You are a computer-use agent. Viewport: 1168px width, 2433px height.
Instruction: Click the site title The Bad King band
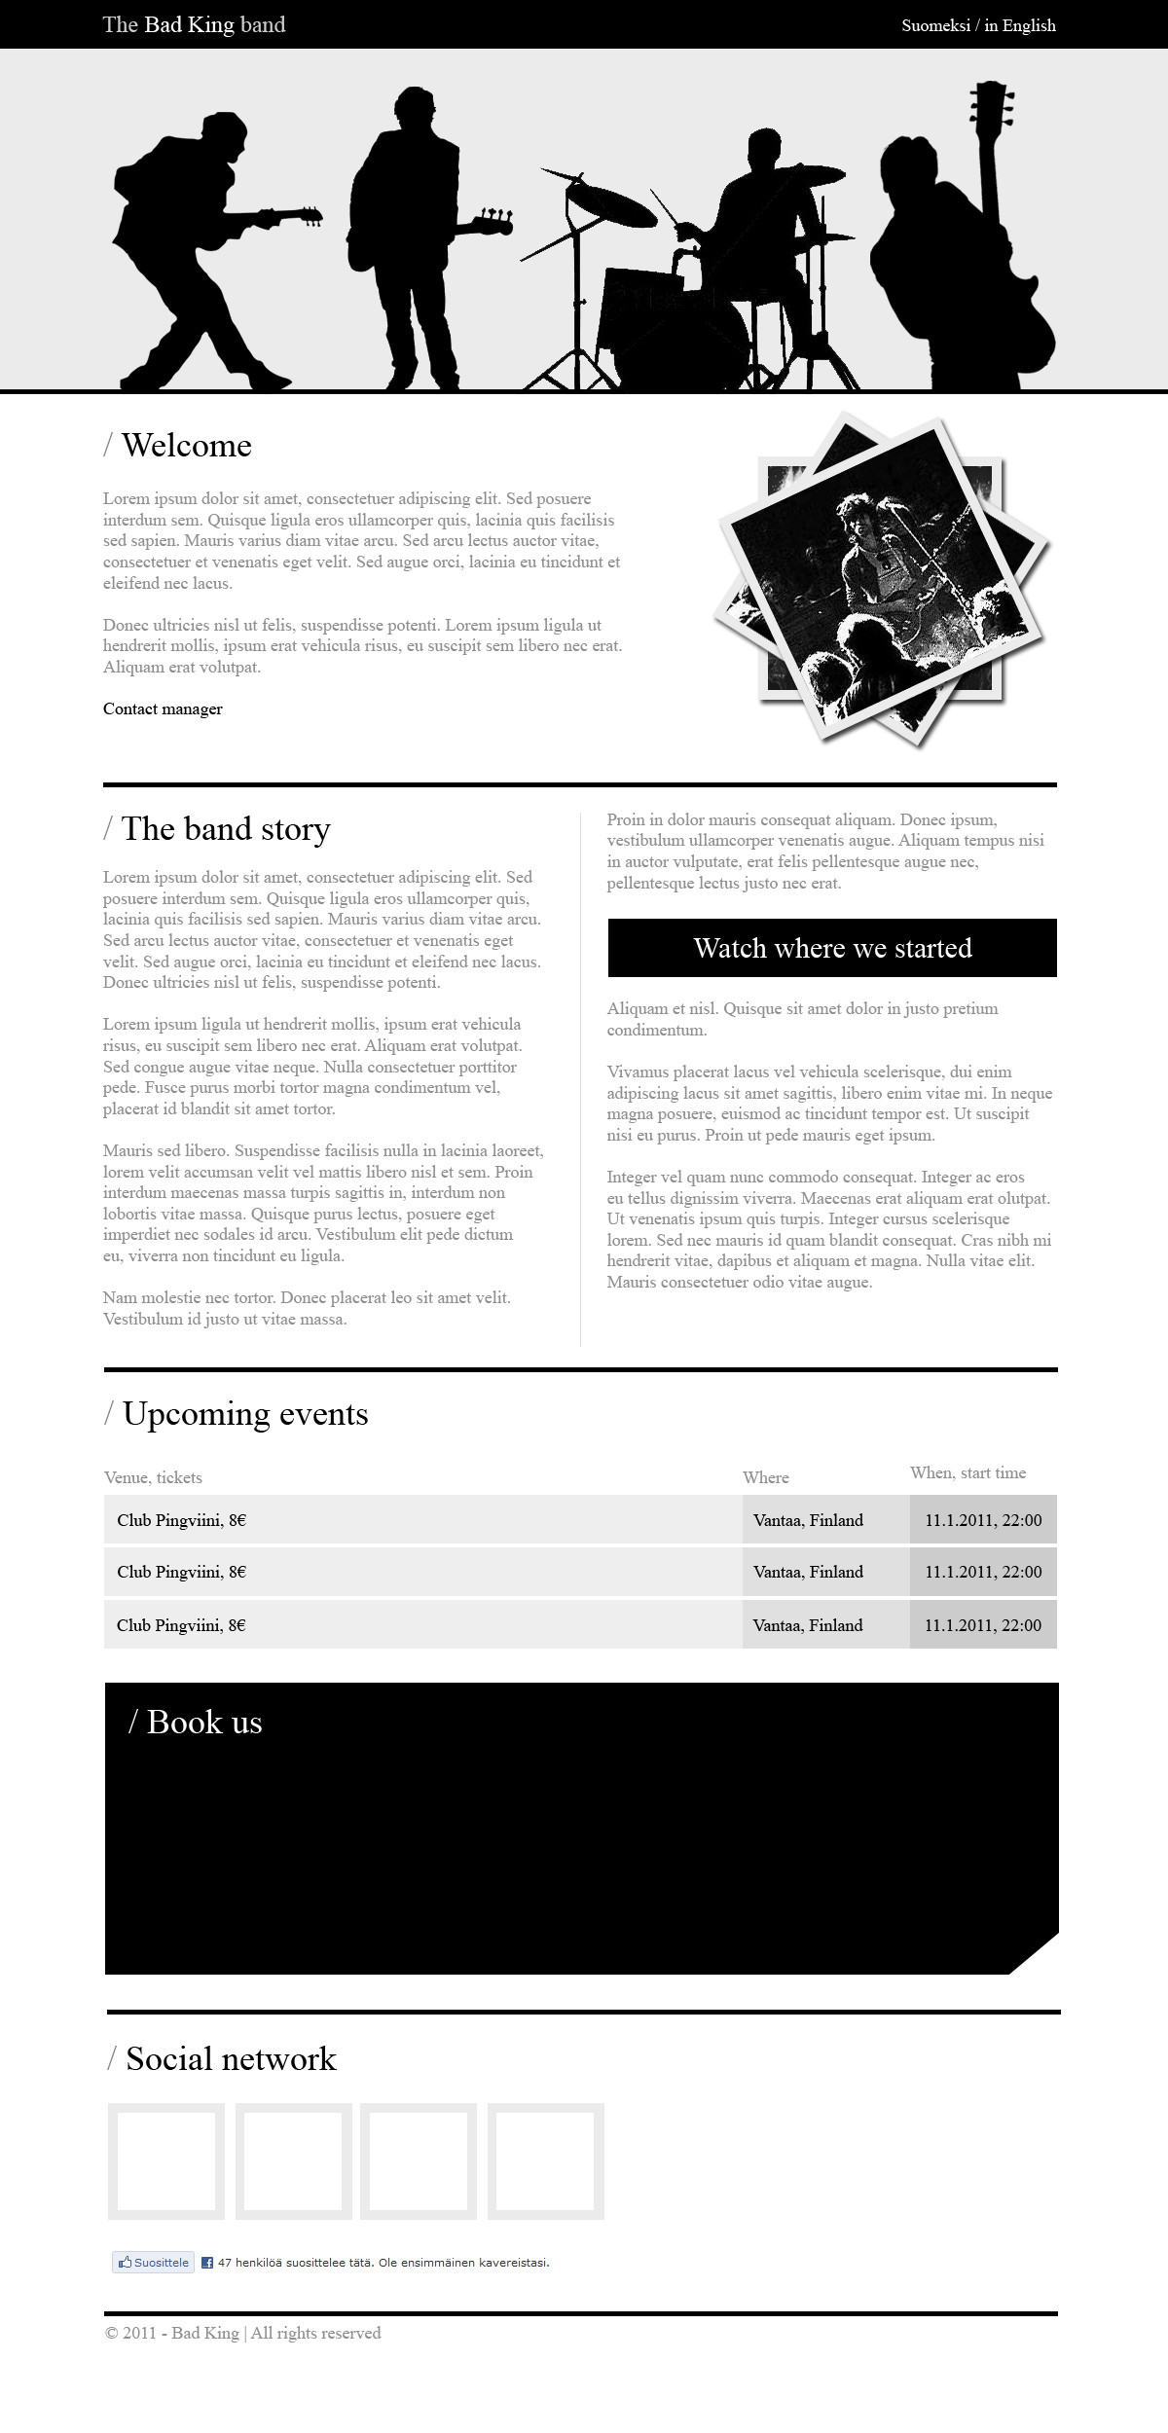(194, 24)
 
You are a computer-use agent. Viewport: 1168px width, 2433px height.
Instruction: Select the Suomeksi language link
(934, 25)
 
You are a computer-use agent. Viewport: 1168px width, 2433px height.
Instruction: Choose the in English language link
(1020, 25)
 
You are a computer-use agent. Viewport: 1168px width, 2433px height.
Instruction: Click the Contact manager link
(163, 709)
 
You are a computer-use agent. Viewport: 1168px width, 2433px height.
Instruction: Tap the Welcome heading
(186, 446)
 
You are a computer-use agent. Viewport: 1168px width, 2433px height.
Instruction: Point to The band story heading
(225, 829)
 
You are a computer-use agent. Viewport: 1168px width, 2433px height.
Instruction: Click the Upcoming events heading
(244, 1414)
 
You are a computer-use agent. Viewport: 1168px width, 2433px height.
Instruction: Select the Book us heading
(203, 1723)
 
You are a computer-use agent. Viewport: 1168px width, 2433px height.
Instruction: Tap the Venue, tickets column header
(153, 1477)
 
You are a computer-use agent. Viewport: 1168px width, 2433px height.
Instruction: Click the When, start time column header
(967, 1473)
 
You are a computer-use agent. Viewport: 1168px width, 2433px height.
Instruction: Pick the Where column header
(765, 1477)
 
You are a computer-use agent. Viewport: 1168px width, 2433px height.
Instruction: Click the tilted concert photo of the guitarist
(881, 579)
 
